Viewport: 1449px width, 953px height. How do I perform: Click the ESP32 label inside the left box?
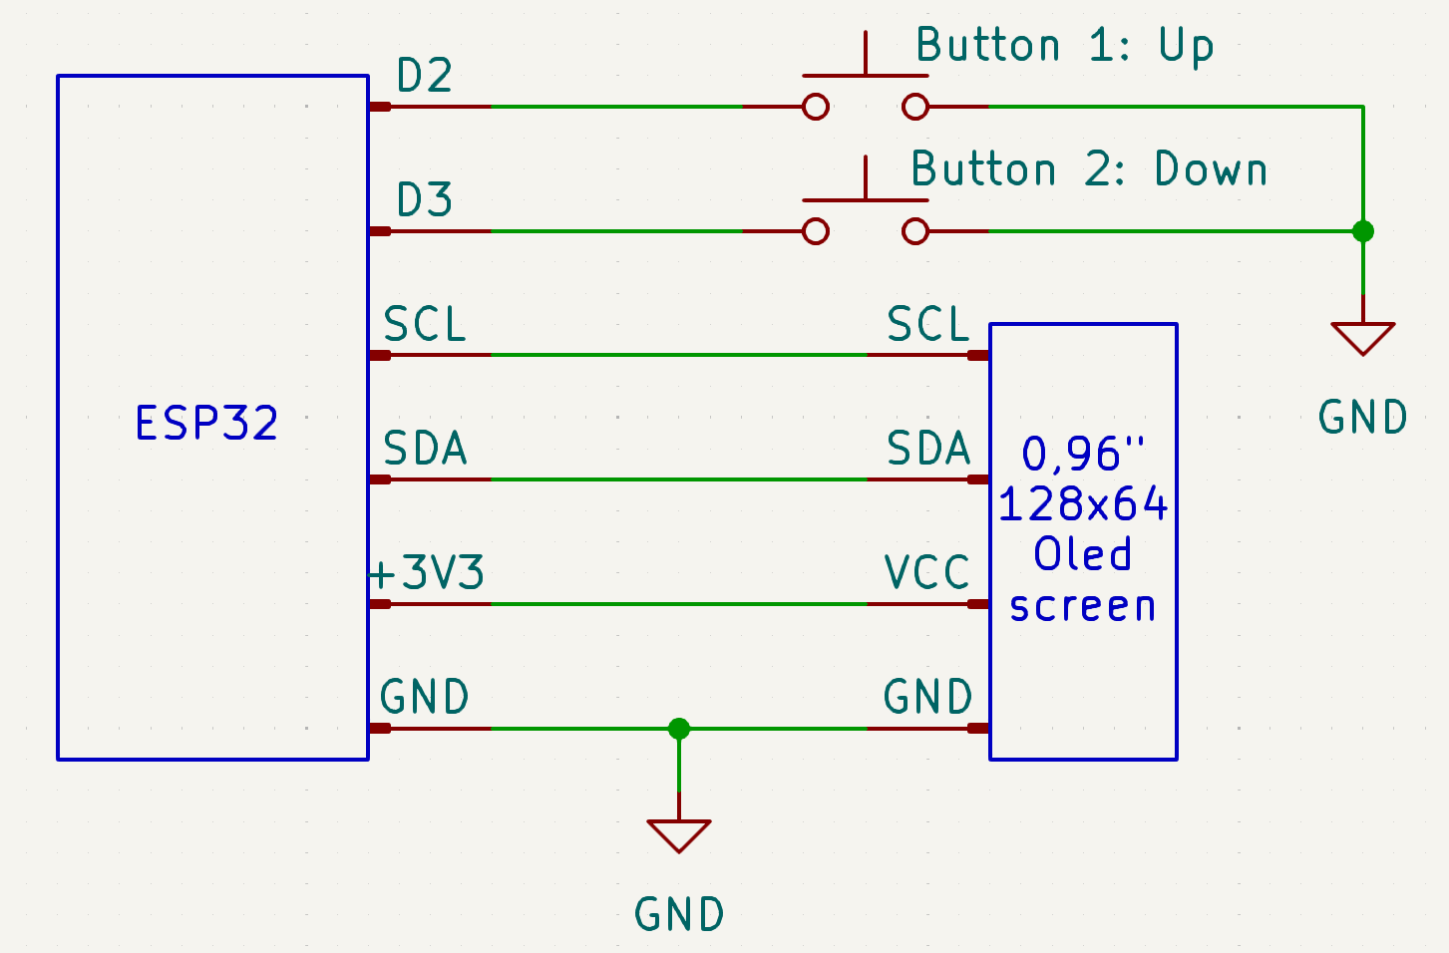pos(206,423)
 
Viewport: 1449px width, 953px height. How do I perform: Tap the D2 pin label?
pos(425,76)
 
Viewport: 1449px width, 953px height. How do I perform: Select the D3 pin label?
pos(425,200)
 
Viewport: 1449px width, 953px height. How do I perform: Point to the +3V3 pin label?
pos(427,573)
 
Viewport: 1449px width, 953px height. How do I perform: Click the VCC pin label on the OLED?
pos(927,573)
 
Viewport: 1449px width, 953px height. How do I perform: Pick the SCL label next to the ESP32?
pos(425,325)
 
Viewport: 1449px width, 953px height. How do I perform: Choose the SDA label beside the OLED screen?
pos(928,449)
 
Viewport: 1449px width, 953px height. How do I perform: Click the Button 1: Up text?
pos(1064,46)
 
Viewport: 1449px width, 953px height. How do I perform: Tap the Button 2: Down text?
pos(1089,169)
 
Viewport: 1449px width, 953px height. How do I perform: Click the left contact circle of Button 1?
pos(816,107)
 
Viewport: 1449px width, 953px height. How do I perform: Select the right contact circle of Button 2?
pos(915,231)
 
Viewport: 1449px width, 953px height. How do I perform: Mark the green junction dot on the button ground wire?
pos(1363,231)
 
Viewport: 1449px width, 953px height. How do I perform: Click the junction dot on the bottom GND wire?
pos(679,729)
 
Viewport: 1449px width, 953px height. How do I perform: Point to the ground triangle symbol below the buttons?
pos(1363,337)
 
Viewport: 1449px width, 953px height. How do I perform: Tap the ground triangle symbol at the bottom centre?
pos(679,834)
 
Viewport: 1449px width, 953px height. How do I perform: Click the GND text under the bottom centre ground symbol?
pos(679,914)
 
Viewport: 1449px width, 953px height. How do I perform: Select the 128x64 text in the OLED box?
pos(1083,504)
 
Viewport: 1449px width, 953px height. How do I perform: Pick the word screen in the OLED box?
pos(1083,606)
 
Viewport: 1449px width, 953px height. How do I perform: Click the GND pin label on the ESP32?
pos(425,697)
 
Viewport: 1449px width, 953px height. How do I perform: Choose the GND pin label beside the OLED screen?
pos(928,697)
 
